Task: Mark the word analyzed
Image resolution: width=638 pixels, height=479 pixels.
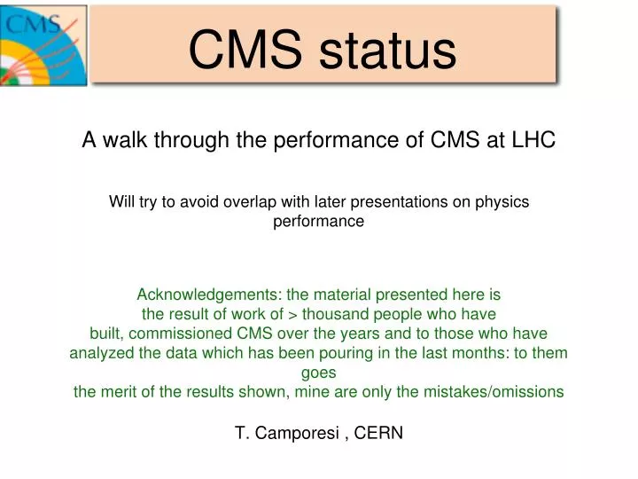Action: tap(100, 354)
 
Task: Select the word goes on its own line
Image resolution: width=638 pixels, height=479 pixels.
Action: tap(318, 373)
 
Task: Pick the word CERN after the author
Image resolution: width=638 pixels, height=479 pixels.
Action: tap(378, 434)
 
